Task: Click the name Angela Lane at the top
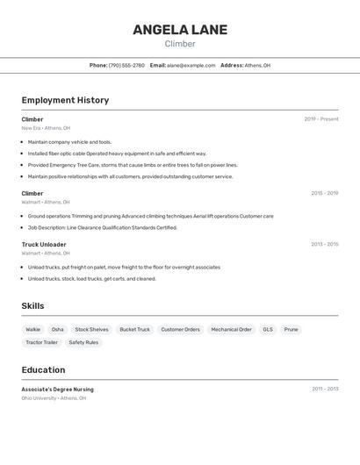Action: click(x=180, y=30)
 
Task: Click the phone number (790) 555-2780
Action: click(x=126, y=65)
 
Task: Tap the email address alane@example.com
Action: click(x=191, y=65)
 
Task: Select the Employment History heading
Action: click(x=65, y=100)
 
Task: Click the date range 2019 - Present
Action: click(x=321, y=119)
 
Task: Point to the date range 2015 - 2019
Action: click(x=324, y=193)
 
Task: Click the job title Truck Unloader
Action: click(x=44, y=245)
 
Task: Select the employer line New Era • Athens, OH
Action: click(x=46, y=128)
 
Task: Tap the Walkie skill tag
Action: click(x=33, y=330)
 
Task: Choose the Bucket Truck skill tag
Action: click(x=134, y=330)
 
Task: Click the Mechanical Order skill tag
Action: click(x=231, y=330)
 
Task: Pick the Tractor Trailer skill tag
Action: click(x=41, y=342)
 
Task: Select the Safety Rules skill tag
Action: click(x=83, y=342)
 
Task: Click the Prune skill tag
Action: click(x=291, y=330)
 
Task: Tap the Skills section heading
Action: click(x=33, y=305)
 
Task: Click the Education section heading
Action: click(x=43, y=370)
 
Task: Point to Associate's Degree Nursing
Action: click(x=57, y=390)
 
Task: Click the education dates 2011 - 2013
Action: click(x=325, y=389)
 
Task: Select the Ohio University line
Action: click(x=54, y=398)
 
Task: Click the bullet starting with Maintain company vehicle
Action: click(x=69, y=142)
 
